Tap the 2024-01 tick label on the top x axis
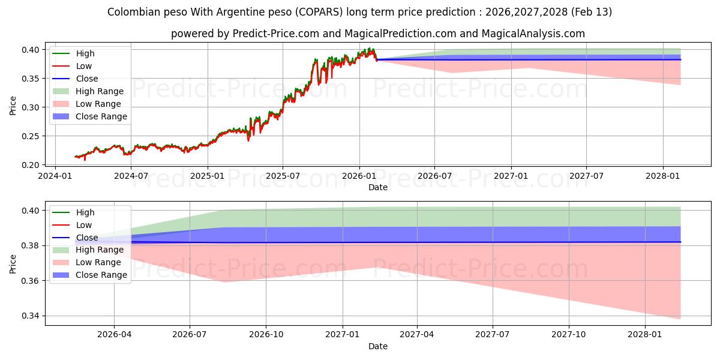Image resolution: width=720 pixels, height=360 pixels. [x=55, y=176]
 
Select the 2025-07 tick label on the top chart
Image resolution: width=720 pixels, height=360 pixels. [x=283, y=176]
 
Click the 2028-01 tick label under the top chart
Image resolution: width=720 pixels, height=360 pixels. [x=663, y=176]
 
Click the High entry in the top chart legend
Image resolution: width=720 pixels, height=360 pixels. [x=85, y=53]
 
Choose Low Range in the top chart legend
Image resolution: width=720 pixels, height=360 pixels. [x=98, y=104]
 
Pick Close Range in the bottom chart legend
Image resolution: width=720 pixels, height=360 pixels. [x=101, y=275]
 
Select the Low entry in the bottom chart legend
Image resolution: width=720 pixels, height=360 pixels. [x=84, y=225]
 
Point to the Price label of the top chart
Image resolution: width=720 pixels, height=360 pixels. [x=13, y=106]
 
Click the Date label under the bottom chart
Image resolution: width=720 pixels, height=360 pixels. [x=378, y=346]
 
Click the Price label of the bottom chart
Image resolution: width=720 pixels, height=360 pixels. [x=13, y=263]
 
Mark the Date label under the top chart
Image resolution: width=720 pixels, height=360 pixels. [x=378, y=187]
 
